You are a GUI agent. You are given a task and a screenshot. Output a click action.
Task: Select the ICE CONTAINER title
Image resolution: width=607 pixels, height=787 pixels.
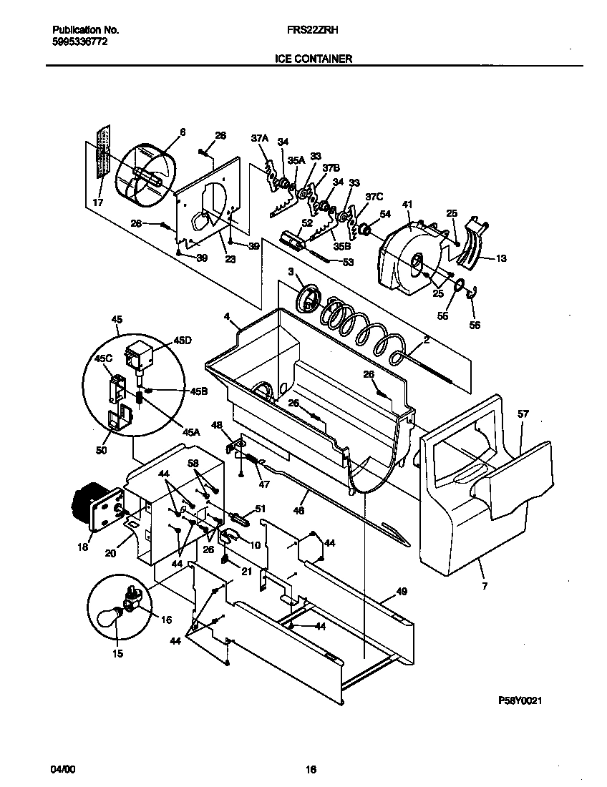pos(313,59)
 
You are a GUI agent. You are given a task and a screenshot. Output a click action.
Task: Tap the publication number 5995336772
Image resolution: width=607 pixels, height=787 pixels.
pos(81,42)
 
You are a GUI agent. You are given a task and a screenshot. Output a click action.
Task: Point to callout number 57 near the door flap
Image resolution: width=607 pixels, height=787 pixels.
pos(523,414)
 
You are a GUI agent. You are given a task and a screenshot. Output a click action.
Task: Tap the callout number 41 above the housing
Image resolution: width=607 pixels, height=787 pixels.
pos(407,205)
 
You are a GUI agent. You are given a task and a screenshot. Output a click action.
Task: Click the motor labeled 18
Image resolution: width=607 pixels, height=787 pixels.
pos(87,509)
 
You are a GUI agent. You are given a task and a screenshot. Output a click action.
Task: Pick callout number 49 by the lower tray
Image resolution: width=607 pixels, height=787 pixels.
pos(401,591)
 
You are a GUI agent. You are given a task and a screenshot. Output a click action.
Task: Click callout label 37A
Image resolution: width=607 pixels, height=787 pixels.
pos(258,139)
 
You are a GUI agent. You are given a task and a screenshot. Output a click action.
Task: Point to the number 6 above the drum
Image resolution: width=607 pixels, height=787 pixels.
pos(182,132)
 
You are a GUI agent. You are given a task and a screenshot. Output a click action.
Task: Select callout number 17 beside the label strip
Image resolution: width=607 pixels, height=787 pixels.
pos(98,203)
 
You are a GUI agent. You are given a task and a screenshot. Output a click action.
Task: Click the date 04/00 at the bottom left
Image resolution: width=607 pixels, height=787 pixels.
pos(62,769)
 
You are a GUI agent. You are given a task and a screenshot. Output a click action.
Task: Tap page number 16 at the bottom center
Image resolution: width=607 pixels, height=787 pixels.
pos(311,770)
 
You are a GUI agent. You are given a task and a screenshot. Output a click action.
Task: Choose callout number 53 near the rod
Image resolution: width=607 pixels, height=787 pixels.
pos(349,263)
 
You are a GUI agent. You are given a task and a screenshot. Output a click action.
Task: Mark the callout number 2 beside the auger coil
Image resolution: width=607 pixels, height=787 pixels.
pos(426,341)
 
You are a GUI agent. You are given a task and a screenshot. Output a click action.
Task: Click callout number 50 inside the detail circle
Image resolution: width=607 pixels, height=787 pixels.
pos(101,451)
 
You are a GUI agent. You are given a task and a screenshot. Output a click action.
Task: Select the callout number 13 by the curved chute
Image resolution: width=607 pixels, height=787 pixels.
pos(500,258)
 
